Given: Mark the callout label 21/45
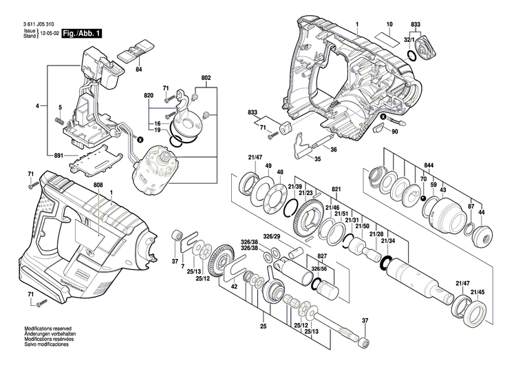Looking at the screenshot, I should (477, 293).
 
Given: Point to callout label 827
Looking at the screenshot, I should (303, 255).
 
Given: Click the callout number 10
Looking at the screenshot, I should (389, 25).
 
